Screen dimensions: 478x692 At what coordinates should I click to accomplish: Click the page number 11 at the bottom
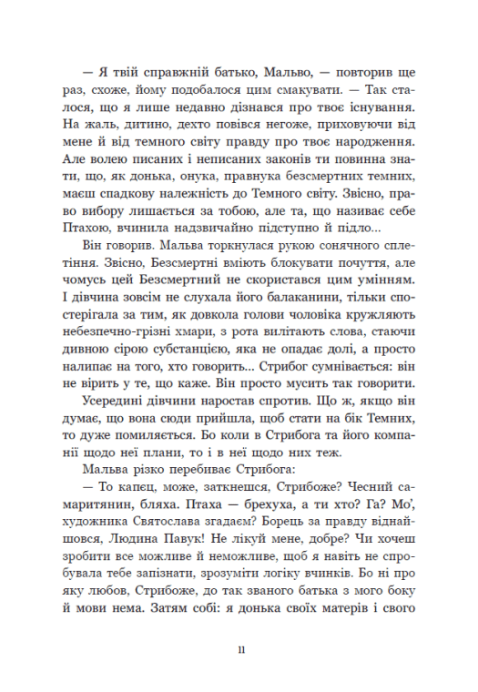coord(239,598)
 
